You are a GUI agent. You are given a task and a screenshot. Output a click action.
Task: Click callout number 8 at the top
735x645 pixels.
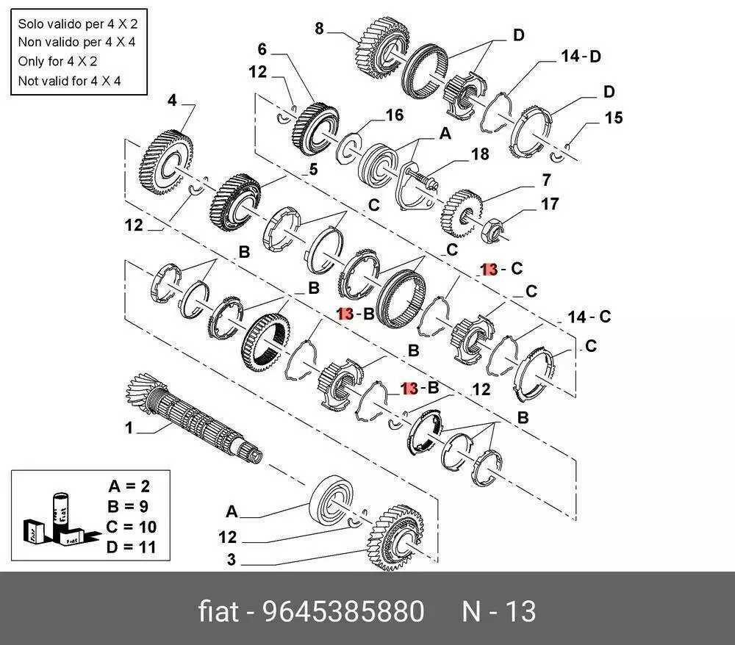[x=319, y=29]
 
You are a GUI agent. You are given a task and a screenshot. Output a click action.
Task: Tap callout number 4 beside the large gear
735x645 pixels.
[x=172, y=100]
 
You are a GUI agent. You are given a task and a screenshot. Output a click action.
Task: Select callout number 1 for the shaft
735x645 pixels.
[x=129, y=428]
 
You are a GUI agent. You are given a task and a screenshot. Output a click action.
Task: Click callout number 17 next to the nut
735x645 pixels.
[x=550, y=204]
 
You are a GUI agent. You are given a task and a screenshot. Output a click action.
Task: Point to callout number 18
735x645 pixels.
[x=480, y=154]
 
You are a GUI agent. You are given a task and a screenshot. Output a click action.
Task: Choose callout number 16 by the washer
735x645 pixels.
[x=395, y=115]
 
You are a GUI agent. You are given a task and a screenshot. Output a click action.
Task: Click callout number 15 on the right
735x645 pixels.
[x=613, y=118]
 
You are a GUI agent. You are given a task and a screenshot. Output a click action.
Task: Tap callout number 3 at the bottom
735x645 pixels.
[x=230, y=560]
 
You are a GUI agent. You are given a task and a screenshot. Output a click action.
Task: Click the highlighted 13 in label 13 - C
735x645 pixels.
[x=489, y=270]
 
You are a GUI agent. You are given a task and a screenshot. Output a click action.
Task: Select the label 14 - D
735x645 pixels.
[x=581, y=56]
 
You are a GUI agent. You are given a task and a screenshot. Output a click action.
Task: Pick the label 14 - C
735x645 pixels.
[x=589, y=317]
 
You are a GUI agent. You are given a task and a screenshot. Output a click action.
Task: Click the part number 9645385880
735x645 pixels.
[x=343, y=611]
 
